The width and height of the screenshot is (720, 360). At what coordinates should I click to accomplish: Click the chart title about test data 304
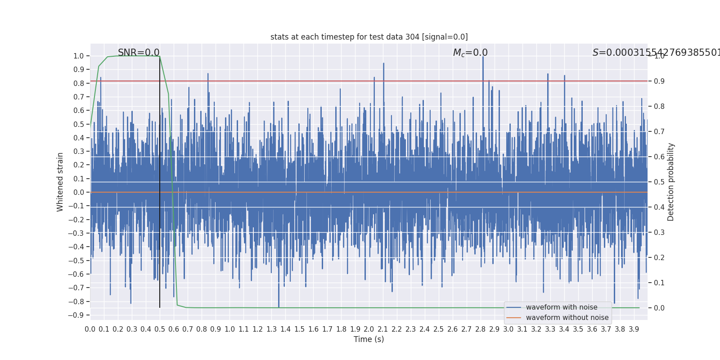point(369,37)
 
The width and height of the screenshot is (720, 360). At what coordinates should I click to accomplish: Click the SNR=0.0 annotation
point(139,53)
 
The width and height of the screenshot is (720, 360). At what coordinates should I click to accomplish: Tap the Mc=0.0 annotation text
point(470,53)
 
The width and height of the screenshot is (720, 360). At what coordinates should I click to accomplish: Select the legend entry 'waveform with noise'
point(562,307)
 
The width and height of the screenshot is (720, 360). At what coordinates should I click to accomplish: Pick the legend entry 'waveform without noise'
point(567,318)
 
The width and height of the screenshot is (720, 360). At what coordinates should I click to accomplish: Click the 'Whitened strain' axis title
point(60,182)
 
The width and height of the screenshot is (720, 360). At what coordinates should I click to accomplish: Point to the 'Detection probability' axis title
point(671,182)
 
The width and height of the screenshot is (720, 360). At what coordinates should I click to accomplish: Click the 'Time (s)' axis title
point(369,339)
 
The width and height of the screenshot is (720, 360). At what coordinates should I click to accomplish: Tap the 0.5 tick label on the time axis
point(160,329)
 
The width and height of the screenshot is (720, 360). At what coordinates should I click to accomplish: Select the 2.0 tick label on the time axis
point(369,329)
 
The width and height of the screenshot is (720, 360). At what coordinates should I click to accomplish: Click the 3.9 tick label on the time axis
point(634,329)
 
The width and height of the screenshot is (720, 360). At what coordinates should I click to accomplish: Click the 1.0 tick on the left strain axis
point(79,56)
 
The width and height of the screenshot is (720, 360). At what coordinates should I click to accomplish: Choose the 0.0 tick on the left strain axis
point(79,192)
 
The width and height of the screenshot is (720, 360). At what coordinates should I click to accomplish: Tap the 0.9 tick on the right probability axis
point(659,81)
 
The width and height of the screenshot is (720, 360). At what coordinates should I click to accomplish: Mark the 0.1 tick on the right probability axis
point(659,283)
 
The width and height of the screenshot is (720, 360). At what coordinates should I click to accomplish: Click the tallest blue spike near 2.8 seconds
point(483,57)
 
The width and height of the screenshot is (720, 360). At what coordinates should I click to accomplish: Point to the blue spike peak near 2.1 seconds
point(383,63)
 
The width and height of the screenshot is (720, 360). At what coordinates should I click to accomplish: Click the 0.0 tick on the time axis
point(90,329)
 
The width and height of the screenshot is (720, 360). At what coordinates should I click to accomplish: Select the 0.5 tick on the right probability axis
point(659,182)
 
